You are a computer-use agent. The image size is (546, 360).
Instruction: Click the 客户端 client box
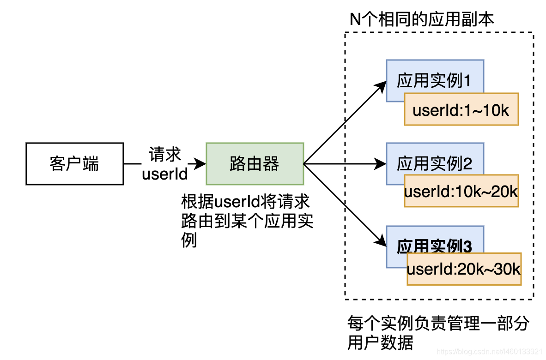point(74,164)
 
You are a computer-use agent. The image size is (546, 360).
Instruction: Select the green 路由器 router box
point(255,164)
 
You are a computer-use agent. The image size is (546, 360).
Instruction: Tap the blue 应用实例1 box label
point(434,81)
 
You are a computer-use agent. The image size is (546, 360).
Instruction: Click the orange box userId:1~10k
point(461,109)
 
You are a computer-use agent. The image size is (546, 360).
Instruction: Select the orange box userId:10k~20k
point(461,191)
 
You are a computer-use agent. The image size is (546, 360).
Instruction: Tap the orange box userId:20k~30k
point(464,270)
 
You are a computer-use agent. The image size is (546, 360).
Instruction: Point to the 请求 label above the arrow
point(165,155)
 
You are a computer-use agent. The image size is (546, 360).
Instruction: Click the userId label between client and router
point(165,174)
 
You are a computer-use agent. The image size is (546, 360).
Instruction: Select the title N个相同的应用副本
point(422,19)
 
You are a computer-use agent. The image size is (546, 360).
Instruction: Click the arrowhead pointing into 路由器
point(201,164)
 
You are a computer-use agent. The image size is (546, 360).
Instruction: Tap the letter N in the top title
point(355,19)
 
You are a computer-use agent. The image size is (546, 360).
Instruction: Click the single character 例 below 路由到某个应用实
point(189,240)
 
